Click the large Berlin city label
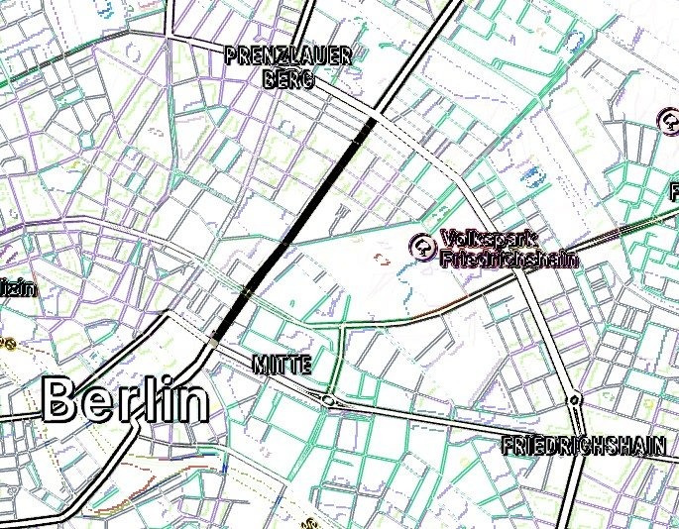[127, 401]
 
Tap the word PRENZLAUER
[288, 56]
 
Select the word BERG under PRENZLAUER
[288, 79]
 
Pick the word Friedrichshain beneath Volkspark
[508, 259]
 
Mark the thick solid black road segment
[297, 223]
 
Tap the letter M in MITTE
[261, 365]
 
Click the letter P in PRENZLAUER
[232, 56]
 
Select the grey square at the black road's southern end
[215, 340]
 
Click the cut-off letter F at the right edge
[674, 190]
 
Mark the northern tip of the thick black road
[373, 120]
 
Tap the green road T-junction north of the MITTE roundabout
[341, 324]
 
